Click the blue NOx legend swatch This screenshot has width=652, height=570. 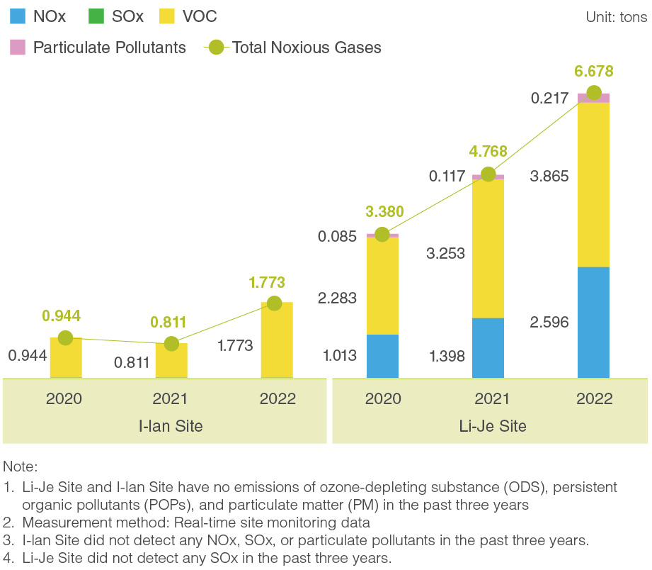[x=17, y=16]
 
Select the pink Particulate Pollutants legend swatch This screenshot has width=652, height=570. [x=17, y=47]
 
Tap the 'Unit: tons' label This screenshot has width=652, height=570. [x=616, y=17]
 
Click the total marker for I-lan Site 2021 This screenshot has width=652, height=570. [x=171, y=344]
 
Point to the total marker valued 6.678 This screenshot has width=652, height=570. [x=594, y=93]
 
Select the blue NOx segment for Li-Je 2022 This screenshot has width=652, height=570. [x=594, y=322]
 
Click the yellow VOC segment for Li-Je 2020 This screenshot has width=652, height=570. [x=382, y=286]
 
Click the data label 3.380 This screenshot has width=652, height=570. [x=385, y=211]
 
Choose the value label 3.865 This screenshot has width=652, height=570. [x=549, y=177]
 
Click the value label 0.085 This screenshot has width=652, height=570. [x=338, y=237]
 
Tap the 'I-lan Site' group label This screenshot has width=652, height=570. [x=171, y=426]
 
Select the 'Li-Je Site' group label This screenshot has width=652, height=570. [x=492, y=426]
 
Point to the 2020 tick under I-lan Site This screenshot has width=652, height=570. [x=64, y=398]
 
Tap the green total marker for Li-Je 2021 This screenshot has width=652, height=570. [x=488, y=174]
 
